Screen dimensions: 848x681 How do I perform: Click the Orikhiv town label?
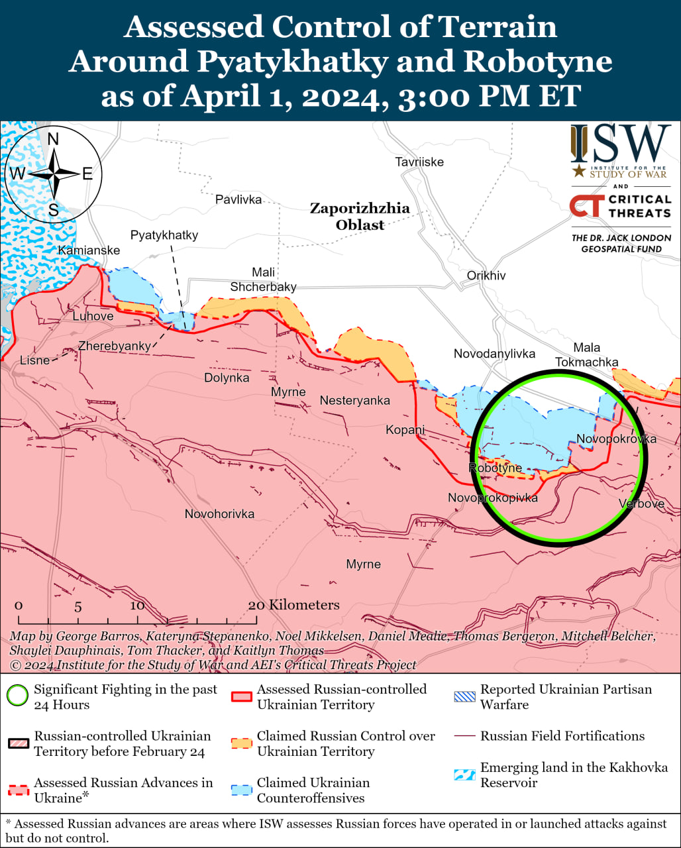(x=486, y=275)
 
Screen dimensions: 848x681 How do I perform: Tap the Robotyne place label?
(x=496, y=468)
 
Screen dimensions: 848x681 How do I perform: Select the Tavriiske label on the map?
(x=419, y=162)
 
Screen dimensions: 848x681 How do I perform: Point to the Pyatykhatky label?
(x=164, y=235)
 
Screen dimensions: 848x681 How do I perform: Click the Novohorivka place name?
(x=219, y=513)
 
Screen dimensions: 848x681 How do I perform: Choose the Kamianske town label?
(x=89, y=250)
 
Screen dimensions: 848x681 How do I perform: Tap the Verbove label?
(x=641, y=503)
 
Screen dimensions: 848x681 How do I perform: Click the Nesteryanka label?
(x=354, y=400)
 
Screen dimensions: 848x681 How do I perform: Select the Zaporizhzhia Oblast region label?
(x=360, y=217)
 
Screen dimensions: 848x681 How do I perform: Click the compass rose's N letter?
(x=54, y=139)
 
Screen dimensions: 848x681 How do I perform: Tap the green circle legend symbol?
(x=17, y=696)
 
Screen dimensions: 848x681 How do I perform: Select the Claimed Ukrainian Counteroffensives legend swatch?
(x=241, y=790)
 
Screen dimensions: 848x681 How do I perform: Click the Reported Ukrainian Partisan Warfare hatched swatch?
(x=464, y=697)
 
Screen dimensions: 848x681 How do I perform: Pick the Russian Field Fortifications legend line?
(x=464, y=736)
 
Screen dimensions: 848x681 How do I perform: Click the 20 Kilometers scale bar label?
(x=293, y=605)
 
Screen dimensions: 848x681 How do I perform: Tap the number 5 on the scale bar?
(x=78, y=606)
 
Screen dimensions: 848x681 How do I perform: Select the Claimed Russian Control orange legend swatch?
(x=241, y=743)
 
